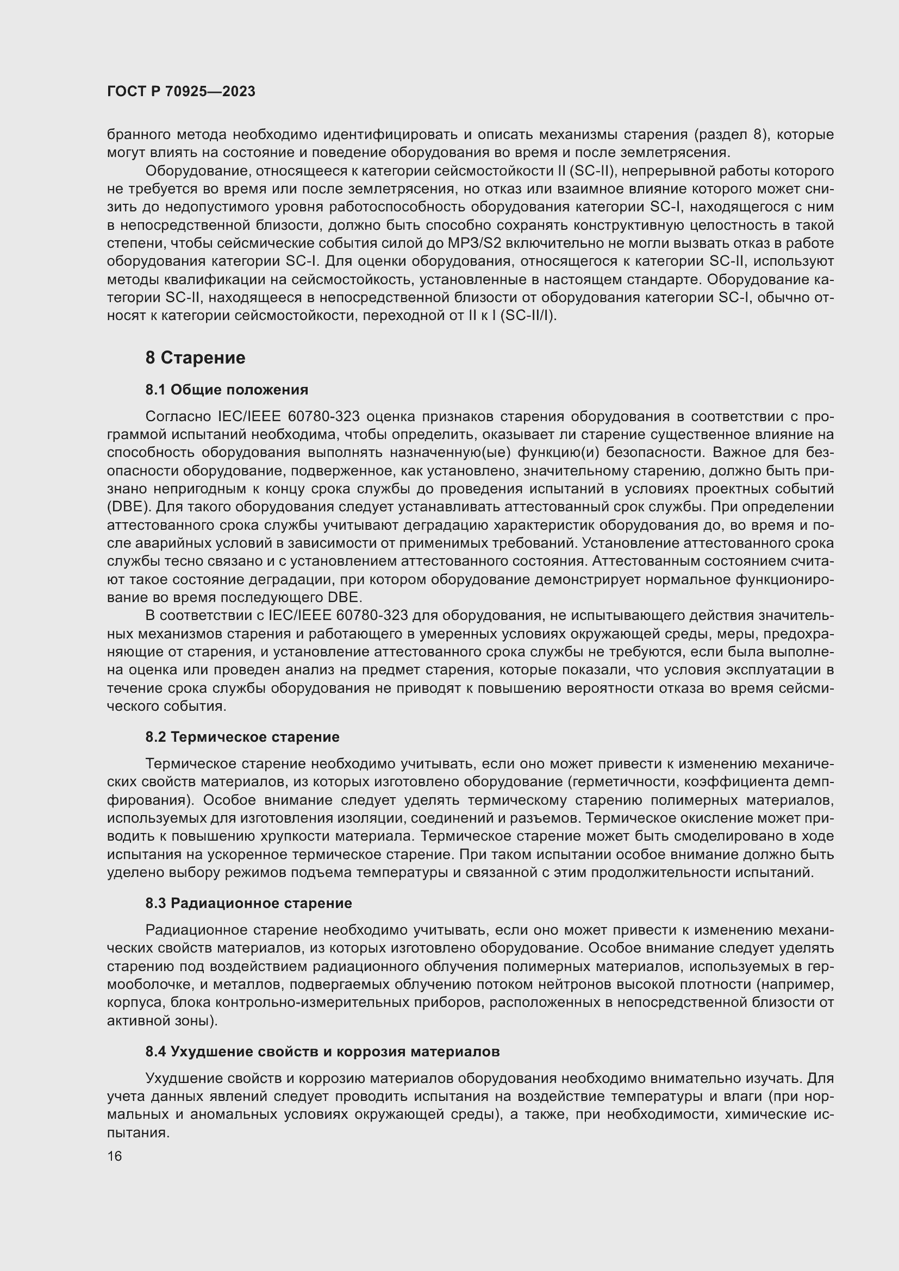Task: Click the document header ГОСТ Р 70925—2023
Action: point(181,92)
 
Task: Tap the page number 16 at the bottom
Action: point(115,1156)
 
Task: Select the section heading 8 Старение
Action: point(195,358)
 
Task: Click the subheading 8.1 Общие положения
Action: point(227,390)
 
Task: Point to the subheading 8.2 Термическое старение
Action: point(242,737)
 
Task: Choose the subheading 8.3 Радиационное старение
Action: point(248,903)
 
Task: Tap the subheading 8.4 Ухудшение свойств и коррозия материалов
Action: point(322,1051)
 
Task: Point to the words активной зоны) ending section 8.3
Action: point(162,1021)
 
